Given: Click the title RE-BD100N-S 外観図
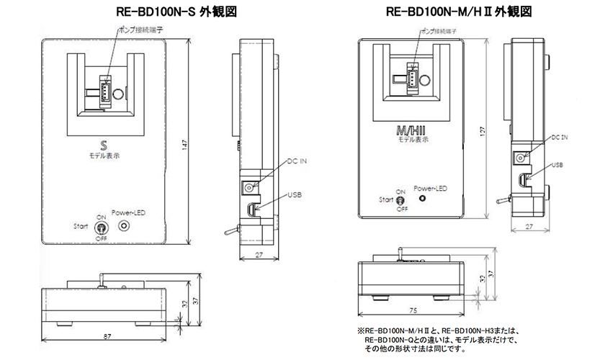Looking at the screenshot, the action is [176, 12].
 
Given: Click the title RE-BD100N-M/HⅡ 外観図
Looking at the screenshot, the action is [459, 12].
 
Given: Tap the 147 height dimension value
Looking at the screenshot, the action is [184, 145].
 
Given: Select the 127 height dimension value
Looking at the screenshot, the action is [482, 132].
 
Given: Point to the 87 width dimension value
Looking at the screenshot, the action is [107, 336].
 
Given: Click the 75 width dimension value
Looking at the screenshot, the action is [413, 310].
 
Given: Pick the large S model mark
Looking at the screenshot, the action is [104, 145].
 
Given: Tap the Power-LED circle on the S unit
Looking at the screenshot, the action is [124, 225].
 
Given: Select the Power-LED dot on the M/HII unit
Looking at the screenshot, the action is [422, 198].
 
